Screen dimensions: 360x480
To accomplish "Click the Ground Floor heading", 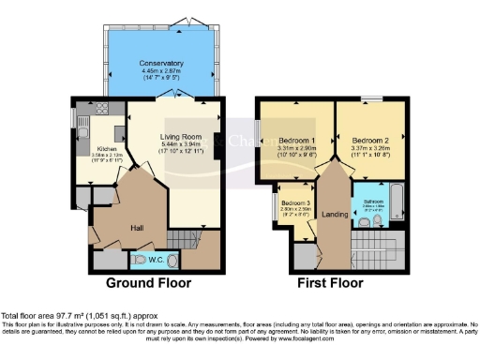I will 148,282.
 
